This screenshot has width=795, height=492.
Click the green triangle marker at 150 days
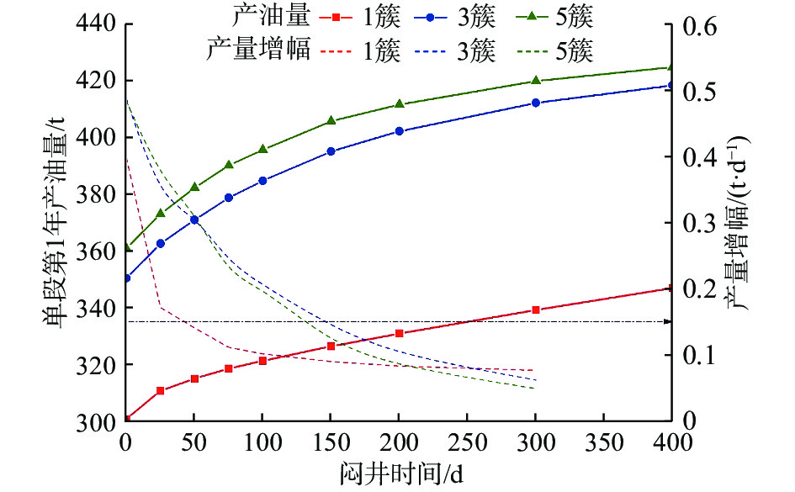click(x=331, y=120)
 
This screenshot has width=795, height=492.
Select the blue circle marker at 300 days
click(x=536, y=103)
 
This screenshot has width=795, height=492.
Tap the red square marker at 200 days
click(x=400, y=333)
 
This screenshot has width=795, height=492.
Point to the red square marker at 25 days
click(x=161, y=390)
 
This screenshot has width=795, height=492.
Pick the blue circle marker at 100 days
click(x=262, y=181)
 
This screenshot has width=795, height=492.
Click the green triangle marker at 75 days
click(x=229, y=165)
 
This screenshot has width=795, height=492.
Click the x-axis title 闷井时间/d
click(x=399, y=472)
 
